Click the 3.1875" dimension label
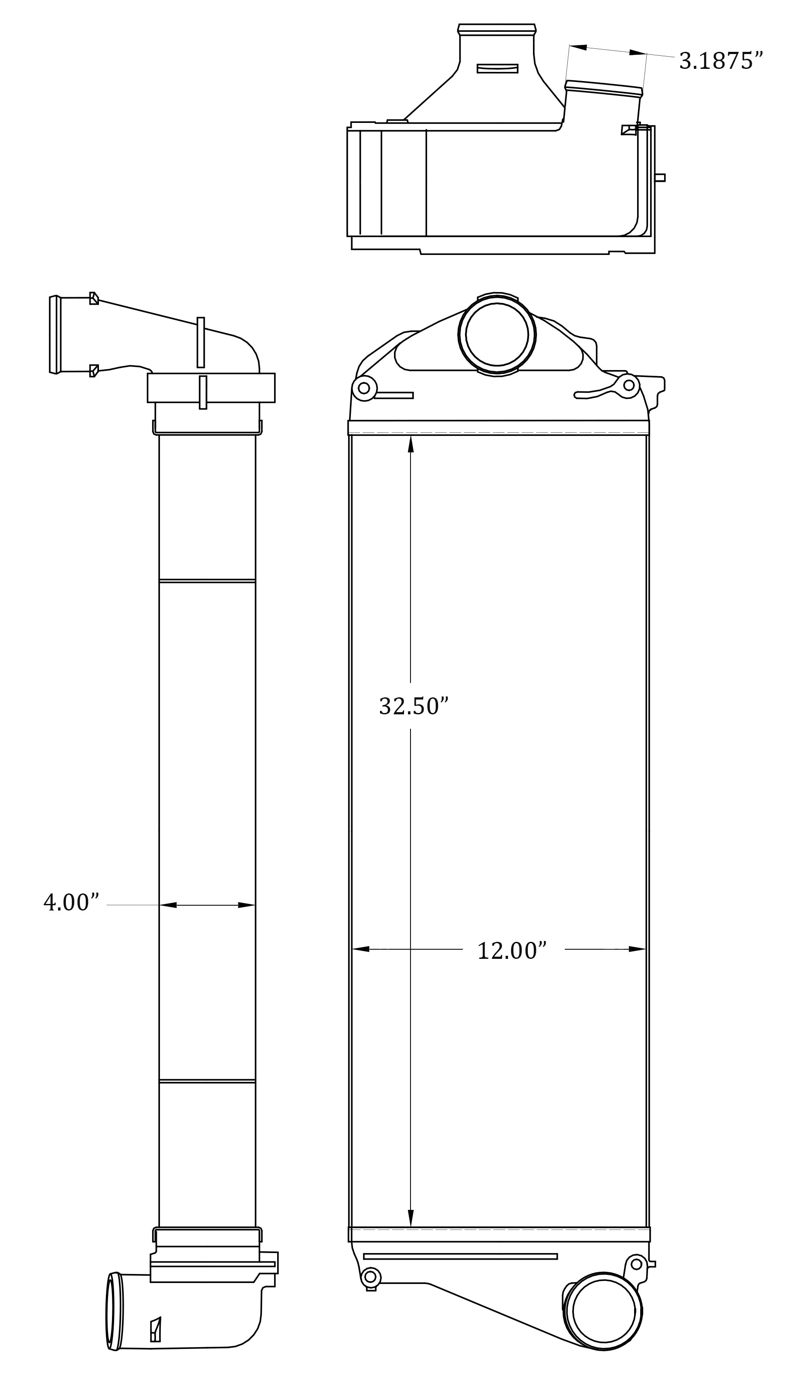(x=720, y=61)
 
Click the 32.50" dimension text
(x=414, y=706)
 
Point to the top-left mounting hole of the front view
(x=364, y=388)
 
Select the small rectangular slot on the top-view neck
(x=497, y=69)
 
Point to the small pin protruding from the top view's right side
(x=660, y=178)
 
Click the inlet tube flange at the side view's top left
(x=54, y=335)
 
